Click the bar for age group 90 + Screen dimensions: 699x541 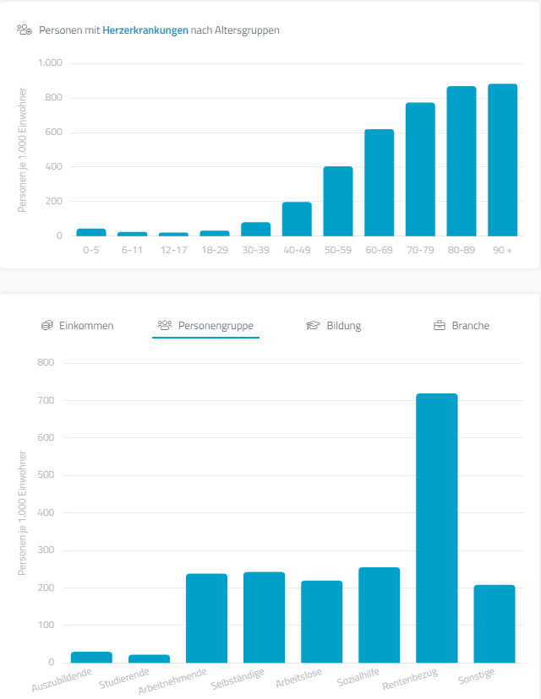[x=502, y=160]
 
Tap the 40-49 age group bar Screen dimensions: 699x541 [x=297, y=219]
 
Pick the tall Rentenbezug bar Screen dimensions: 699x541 [x=436, y=528]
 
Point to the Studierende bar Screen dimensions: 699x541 [x=149, y=658]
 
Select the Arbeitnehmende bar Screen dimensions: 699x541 [x=206, y=618]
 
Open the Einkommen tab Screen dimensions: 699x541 [x=86, y=326]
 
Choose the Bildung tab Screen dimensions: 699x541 [x=343, y=326]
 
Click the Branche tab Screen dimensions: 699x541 [x=470, y=326]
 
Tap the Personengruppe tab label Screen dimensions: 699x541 [x=216, y=326]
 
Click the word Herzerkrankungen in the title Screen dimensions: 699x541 [x=145, y=30]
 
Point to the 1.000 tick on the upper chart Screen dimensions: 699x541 [x=51, y=63]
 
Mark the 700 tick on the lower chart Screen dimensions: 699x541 [x=45, y=400]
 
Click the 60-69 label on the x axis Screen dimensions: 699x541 [x=380, y=250]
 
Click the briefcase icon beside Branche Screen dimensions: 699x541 [x=440, y=326]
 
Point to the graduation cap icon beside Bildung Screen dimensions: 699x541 [x=313, y=326]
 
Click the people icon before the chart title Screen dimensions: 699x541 [x=25, y=30]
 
